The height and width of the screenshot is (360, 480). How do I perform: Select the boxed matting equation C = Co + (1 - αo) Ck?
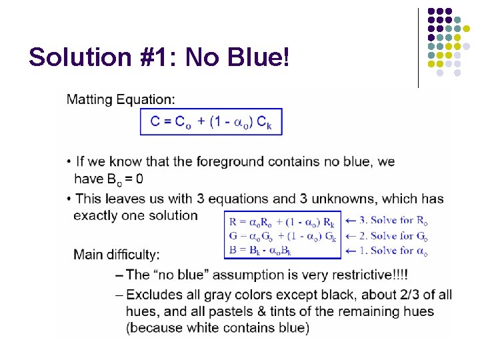pos(211,122)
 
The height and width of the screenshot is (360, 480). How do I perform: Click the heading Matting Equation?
pos(121,99)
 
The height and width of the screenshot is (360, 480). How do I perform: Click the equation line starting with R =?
pos(282,221)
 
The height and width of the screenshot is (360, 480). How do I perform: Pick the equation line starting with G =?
pos(283,236)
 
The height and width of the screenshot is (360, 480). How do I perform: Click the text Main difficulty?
pos(117,254)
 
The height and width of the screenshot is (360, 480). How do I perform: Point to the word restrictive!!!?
pos(373,275)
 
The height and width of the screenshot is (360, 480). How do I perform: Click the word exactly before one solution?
pos(98,215)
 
